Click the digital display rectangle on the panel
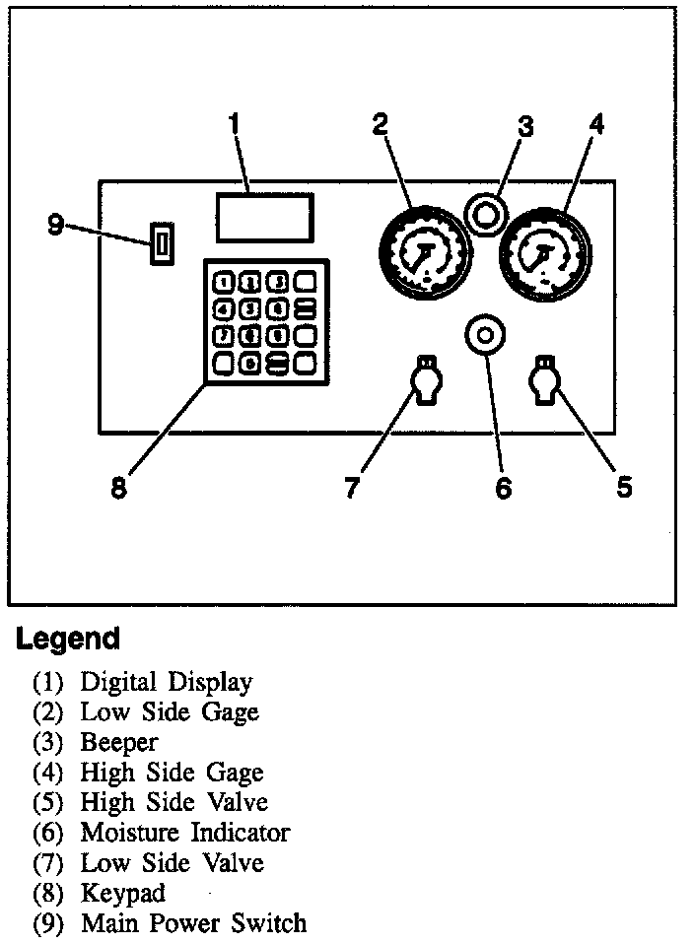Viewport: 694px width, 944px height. coord(264,217)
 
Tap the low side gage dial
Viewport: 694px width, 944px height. coord(423,252)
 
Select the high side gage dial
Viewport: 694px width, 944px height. coord(545,252)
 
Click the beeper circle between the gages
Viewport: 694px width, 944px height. coord(484,213)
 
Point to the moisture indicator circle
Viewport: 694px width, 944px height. coord(484,335)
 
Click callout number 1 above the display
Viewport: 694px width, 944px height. coord(234,125)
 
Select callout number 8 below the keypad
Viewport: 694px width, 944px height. coord(119,489)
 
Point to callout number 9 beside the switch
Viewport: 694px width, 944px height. coord(56,226)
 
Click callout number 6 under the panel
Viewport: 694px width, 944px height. coord(504,489)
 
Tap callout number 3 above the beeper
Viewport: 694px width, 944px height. coord(526,127)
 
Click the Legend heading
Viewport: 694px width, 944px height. coord(67,639)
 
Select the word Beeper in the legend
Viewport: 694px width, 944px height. coord(118,742)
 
